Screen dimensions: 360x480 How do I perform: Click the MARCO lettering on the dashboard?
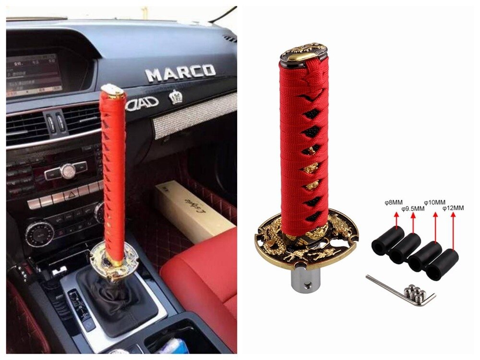click(x=180, y=73)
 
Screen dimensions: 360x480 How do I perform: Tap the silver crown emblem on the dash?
click(x=177, y=98)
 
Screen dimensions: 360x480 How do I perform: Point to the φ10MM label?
click(x=434, y=203)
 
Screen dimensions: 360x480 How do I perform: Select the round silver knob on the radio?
click(x=68, y=170)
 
